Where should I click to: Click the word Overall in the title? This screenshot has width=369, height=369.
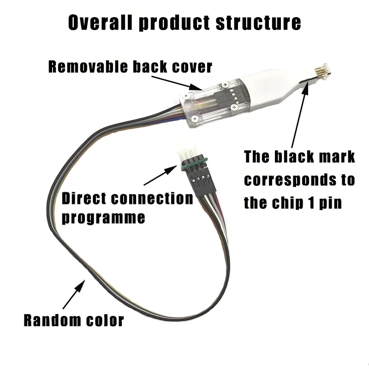(100, 22)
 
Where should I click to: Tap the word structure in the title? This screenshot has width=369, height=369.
(258, 22)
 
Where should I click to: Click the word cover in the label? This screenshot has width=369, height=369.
(192, 67)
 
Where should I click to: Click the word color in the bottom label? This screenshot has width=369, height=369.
(105, 321)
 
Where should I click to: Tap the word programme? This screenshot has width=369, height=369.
(103, 217)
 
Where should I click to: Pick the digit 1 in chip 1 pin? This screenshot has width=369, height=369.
(312, 202)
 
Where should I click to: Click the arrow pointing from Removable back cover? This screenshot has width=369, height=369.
(177, 83)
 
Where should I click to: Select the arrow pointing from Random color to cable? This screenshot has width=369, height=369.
(74, 294)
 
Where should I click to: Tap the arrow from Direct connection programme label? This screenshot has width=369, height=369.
(161, 175)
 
